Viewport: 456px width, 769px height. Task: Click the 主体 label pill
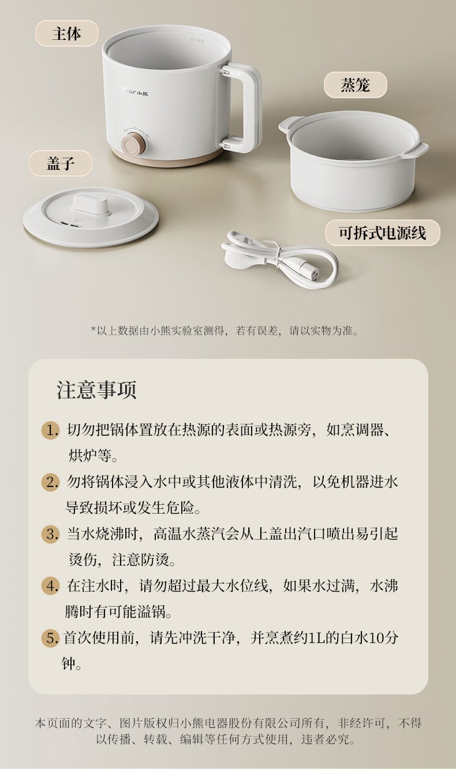coord(67,34)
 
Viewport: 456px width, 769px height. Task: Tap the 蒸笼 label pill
coord(356,85)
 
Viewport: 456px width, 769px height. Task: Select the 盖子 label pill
coord(61,163)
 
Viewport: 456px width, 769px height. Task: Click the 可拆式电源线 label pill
coord(383,233)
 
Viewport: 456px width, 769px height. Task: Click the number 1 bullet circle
coord(50,430)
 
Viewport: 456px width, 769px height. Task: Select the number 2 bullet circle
coord(50,482)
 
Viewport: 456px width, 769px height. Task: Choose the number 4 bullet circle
coord(50,586)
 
